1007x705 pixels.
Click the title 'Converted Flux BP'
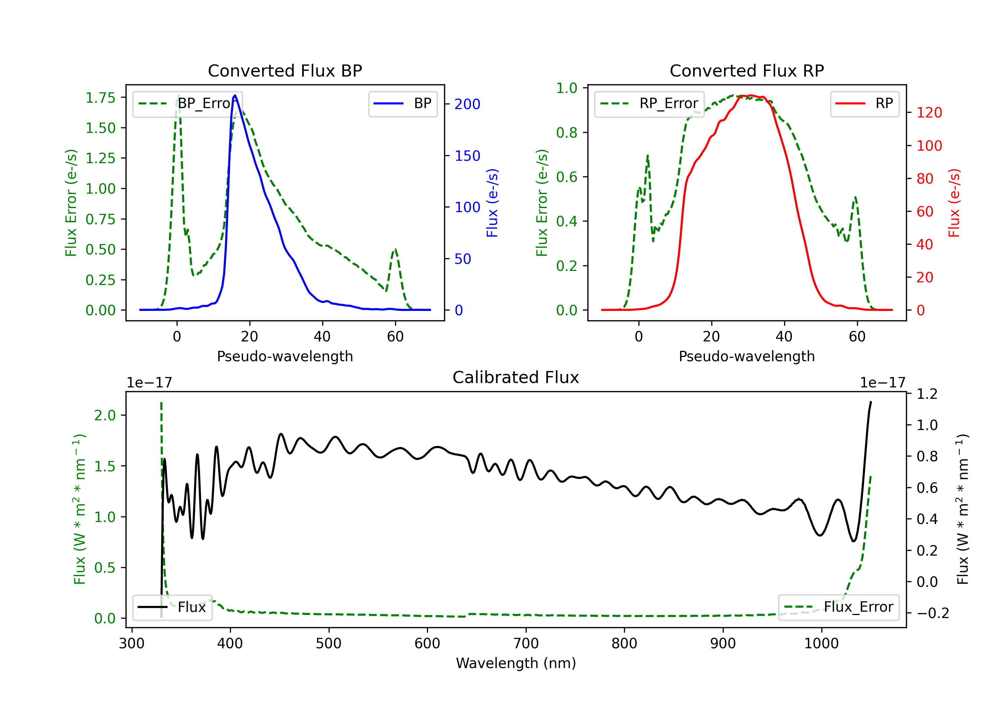[285, 70]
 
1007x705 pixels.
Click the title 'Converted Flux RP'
[747, 70]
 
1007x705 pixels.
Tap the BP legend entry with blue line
[402, 103]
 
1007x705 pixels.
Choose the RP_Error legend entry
[649, 103]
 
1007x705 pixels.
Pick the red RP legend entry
[864, 103]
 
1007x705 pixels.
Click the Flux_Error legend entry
[838, 607]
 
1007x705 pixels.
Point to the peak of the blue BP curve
[235, 95]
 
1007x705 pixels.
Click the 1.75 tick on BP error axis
[100, 97]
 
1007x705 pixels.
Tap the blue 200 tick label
[467, 104]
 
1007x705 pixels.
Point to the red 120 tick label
[929, 113]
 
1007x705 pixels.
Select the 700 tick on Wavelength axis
[526, 644]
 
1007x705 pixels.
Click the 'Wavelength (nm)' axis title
[516, 663]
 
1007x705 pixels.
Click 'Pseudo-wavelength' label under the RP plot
[747, 356]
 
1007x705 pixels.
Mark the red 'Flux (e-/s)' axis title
[954, 203]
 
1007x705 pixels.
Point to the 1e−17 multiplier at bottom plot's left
[149, 383]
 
